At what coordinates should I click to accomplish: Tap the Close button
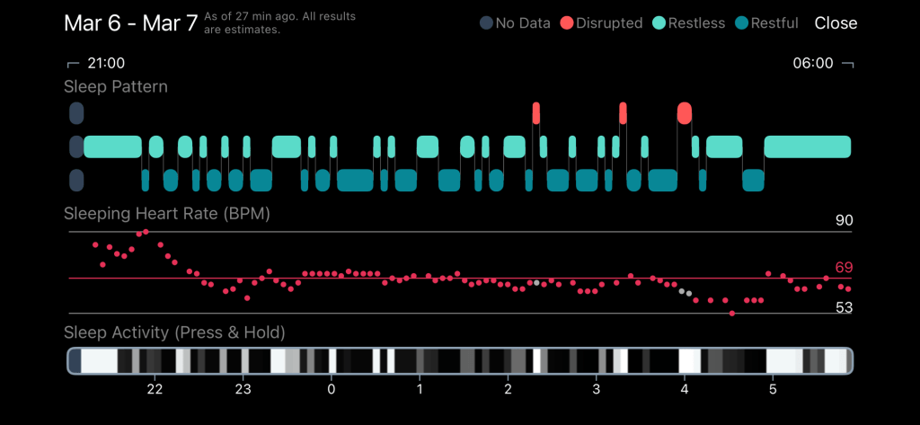tap(836, 23)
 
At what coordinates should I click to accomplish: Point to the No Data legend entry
tap(515, 23)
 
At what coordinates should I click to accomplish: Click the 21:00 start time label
tap(105, 64)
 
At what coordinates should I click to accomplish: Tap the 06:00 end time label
tap(812, 64)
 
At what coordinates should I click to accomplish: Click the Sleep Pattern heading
tap(115, 87)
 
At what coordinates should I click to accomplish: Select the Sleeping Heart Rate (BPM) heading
tap(166, 214)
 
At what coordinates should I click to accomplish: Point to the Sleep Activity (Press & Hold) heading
tap(174, 332)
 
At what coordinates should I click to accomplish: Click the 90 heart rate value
tap(844, 221)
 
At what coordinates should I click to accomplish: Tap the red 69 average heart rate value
tap(844, 268)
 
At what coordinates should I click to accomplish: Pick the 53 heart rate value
tap(844, 308)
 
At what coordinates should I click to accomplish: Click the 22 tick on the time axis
tap(155, 390)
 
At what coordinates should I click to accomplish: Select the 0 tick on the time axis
tap(331, 390)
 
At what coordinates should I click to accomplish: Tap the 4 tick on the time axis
tap(685, 390)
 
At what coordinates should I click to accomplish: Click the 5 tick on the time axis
tap(773, 390)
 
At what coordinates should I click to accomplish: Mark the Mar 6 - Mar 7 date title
tap(130, 23)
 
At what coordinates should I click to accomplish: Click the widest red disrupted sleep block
tap(685, 113)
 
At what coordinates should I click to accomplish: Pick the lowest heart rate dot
tap(732, 313)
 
